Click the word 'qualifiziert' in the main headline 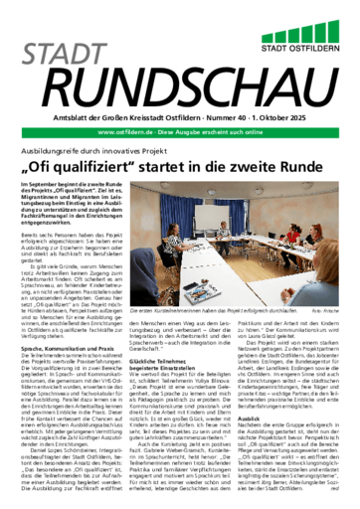(x=117, y=142)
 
